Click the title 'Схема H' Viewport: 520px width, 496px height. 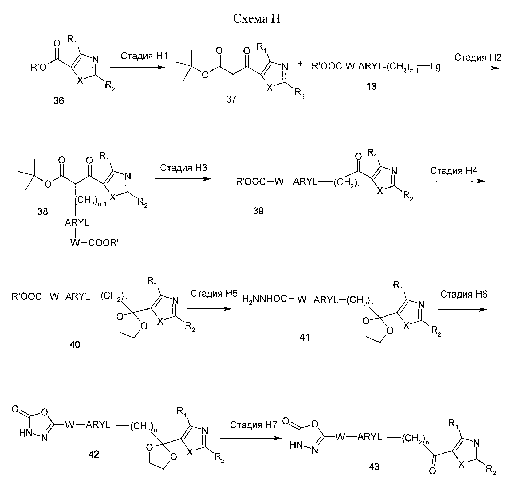[257, 19]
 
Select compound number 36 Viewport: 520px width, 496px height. [59, 101]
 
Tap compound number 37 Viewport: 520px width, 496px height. [231, 99]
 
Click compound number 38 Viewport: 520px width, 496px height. [43, 212]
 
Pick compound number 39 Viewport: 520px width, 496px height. [258, 211]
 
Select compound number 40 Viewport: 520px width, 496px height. [75, 345]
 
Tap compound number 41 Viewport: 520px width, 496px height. [304, 337]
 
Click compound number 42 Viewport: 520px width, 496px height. [93, 454]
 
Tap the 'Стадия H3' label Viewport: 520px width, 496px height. [184, 168]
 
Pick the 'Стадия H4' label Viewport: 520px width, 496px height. [454, 170]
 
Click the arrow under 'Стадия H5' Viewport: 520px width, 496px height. [209, 309]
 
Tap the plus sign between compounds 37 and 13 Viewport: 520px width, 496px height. [301, 64]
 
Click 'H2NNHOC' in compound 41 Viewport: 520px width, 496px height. [264, 299]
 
